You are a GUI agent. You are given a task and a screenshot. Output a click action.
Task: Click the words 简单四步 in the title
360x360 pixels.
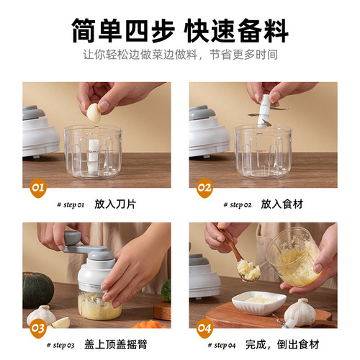coord(120,31)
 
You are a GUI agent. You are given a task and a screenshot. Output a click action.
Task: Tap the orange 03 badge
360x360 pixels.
coord(37,328)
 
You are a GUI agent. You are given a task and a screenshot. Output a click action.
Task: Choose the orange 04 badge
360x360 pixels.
coord(205,328)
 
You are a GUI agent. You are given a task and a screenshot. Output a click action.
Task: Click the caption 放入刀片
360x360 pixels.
coord(116,204)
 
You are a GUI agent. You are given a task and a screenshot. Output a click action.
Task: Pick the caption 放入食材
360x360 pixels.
coord(283,204)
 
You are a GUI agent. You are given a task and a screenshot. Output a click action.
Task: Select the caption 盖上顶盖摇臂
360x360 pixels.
coord(126,345)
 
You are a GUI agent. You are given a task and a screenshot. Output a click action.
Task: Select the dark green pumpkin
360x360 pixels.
coord(37,289)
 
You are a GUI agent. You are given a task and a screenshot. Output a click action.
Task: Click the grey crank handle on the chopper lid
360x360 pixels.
coord(79,249)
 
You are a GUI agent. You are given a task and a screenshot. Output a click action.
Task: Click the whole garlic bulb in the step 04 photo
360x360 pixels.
coord(300,312)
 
